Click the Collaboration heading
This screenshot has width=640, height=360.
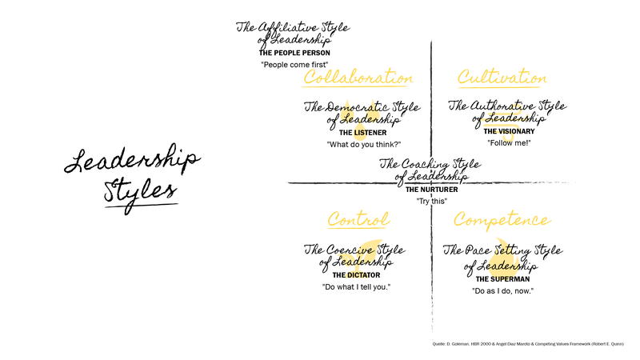click(358, 78)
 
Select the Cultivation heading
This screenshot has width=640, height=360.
click(502, 78)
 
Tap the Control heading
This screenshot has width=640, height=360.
click(358, 219)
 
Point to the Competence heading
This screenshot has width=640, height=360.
click(501, 219)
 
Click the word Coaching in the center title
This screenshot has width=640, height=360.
click(424, 162)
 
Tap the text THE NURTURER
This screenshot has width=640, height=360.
click(430, 189)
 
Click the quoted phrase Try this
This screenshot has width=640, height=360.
click(431, 200)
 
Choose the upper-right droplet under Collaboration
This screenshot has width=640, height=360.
click(372, 111)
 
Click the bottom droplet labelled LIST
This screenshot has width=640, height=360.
click(359, 130)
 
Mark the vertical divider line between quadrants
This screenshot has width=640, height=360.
click(431, 96)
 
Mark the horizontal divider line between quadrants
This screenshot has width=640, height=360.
click(336, 184)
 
